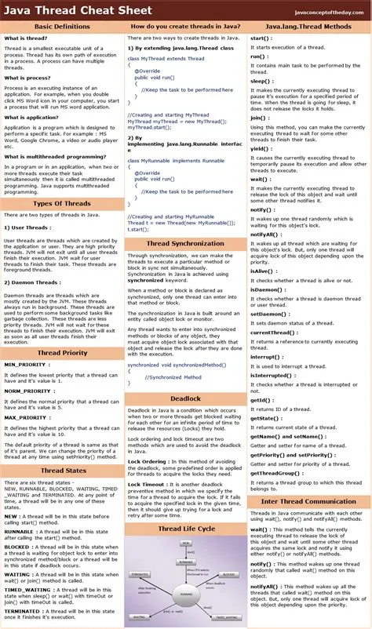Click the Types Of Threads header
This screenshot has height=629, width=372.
click(x=62, y=203)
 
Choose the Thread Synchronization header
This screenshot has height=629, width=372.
click(x=185, y=243)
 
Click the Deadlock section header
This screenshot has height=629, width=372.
click(x=185, y=398)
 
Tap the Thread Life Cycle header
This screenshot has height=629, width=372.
click(x=185, y=529)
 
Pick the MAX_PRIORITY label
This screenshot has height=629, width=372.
click(x=27, y=418)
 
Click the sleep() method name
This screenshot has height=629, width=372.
click(x=261, y=81)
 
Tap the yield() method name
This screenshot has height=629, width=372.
click(x=261, y=147)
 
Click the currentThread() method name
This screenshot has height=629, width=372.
click(x=272, y=333)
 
